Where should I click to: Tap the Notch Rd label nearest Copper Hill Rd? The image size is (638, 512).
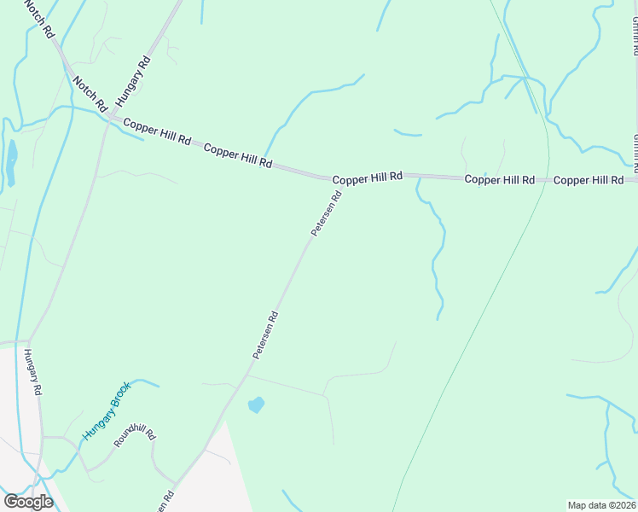[x=90, y=93]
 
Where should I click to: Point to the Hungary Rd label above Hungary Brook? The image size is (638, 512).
[x=33, y=372]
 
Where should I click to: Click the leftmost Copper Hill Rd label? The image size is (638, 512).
[x=157, y=133]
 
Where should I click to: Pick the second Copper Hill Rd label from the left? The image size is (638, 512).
[x=238, y=156]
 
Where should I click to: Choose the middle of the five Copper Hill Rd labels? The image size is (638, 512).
[x=367, y=178]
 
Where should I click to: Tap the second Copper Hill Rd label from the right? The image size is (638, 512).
[x=499, y=180]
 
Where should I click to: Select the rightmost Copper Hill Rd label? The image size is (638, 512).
[x=588, y=180]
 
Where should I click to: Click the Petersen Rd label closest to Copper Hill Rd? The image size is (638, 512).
[x=326, y=213]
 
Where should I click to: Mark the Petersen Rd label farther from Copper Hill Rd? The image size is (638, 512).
[x=265, y=334]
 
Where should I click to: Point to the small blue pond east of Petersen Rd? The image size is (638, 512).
[x=255, y=404]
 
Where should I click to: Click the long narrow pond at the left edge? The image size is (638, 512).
[x=11, y=162]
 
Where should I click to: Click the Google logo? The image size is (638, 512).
[x=28, y=501]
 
